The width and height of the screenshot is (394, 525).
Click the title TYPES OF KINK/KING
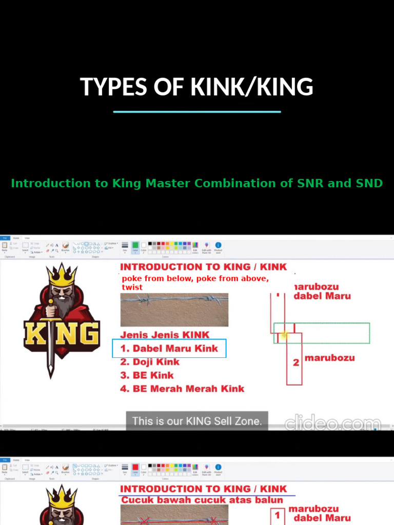(196, 87)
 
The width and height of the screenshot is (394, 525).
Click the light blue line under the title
(196, 111)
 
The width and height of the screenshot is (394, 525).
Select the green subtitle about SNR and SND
(196, 184)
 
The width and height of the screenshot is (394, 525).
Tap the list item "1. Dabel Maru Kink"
(169, 349)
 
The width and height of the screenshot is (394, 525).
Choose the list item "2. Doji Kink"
(150, 362)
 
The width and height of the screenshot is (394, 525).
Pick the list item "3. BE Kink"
(147, 375)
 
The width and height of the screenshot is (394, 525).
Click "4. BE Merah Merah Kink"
(182, 389)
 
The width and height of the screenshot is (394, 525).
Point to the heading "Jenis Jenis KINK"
(165, 335)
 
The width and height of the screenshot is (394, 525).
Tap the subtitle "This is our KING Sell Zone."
(197, 421)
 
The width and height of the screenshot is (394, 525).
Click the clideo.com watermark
(332, 423)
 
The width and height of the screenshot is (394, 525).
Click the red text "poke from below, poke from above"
(195, 279)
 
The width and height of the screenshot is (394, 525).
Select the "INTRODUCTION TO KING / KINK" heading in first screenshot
(203, 267)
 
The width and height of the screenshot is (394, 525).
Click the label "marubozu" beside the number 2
(329, 358)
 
